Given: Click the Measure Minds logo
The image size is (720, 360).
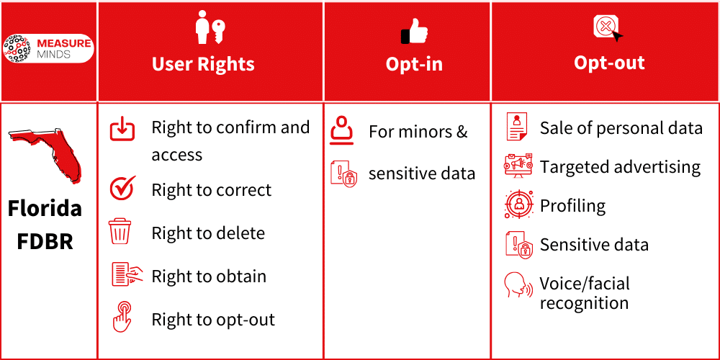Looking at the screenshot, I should point(48,48).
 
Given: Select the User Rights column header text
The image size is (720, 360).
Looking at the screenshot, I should point(203,64).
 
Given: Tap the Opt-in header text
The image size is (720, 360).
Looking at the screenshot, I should point(414,64).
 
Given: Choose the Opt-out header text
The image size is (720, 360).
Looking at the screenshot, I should point(609,63).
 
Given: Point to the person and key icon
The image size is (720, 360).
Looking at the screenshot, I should point(211,29).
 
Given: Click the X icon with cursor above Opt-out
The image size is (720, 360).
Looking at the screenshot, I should point(607,28).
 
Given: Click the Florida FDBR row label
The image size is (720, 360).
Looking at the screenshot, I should point(45,224).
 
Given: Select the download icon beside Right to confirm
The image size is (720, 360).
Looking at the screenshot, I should point(122,129).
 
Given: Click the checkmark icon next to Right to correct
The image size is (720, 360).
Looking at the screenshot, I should point(122,189).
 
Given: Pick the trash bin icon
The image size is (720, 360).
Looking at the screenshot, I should point(120,233).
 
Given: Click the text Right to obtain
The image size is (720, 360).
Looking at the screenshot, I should point(209,276).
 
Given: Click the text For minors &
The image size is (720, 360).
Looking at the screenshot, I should point(418,132).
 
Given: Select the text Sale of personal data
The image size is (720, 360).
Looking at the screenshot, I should point(621,128).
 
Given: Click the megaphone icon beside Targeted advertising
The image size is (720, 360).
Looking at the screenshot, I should point(518,166).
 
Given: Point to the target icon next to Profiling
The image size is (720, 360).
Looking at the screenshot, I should point(518,205).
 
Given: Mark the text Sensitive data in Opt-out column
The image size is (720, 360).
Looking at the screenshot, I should point(594,245).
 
